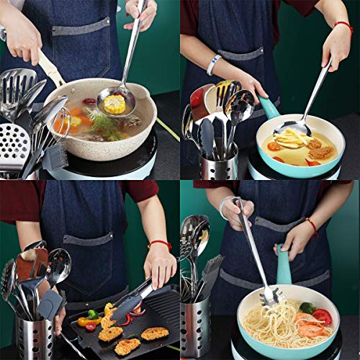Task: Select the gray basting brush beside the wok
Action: click(x=56, y=156)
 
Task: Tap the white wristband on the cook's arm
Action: click(x=213, y=65)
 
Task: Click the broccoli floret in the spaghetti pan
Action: click(x=307, y=307)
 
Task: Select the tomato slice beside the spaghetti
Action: click(x=322, y=317)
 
